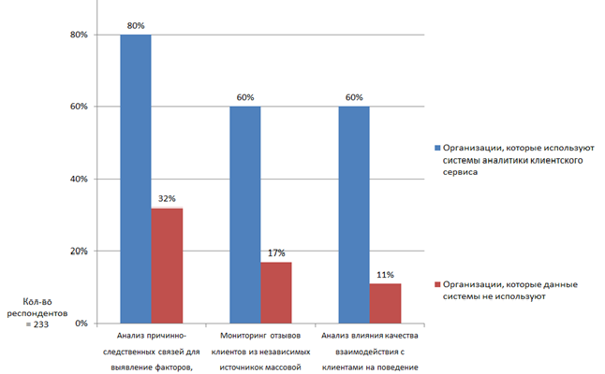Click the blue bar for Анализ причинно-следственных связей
click(x=135, y=178)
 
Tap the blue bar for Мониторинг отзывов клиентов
click(x=244, y=214)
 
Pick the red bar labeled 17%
click(x=276, y=292)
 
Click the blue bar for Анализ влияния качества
click(x=353, y=214)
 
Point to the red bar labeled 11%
click(x=385, y=303)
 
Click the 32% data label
click(x=168, y=199)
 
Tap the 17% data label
click(x=276, y=253)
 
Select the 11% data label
click(x=385, y=275)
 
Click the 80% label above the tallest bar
click(x=135, y=25)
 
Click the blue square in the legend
click(x=435, y=148)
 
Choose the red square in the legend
click(x=435, y=283)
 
